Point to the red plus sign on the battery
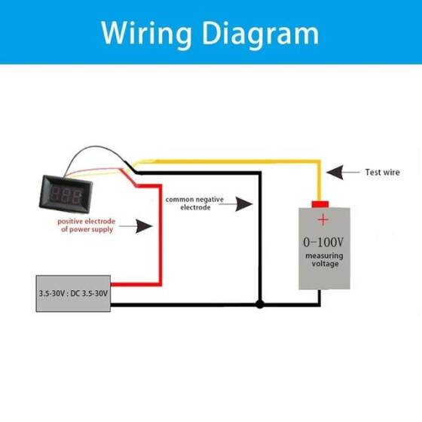(322, 220)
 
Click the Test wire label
(383, 173)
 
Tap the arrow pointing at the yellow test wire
(344, 173)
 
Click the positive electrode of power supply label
(86, 225)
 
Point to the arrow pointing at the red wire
(138, 225)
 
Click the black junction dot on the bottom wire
(259, 305)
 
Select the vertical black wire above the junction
(259, 241)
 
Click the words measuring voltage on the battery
(323, 260)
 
